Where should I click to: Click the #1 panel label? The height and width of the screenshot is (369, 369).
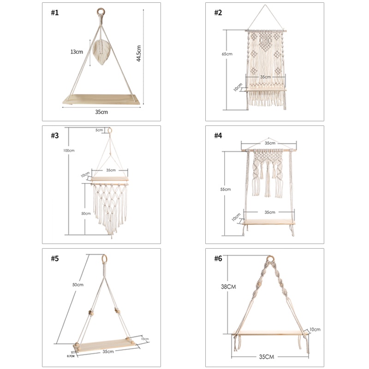[x=55, y=13]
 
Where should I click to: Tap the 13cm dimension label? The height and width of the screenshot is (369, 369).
[x=76, y=52]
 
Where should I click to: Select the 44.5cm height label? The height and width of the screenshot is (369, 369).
[x=138, y=53]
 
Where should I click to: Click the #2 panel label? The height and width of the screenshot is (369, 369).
[x=218, y=13]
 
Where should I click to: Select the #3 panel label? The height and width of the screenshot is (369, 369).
[x=55, y=136]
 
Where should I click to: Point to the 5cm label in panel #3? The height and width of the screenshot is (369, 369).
[x=99, y=130]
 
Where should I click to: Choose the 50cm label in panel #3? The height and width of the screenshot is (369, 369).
[x=86, y=214]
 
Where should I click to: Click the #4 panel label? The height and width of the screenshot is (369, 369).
[x=218, y=136]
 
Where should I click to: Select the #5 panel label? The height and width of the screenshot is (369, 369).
[x=55, y=258]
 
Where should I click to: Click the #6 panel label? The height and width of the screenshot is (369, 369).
[x=218, y=258]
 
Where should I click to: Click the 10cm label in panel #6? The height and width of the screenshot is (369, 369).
[x=315, y=329]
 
